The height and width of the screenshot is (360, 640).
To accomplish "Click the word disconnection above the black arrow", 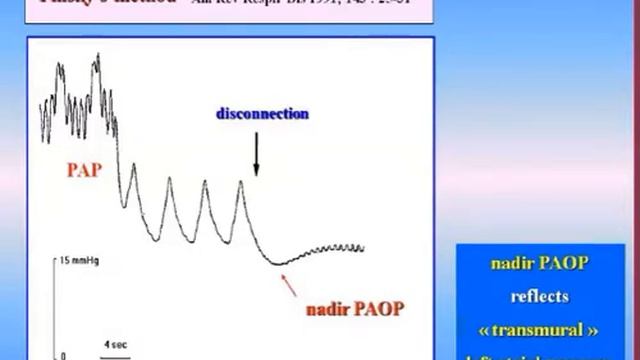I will (x=262, y=114).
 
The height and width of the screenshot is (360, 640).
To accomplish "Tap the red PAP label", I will (x=83, y=170).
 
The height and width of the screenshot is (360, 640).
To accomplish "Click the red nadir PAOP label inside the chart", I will (x=354, y=309).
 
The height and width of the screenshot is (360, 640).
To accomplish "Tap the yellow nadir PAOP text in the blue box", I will (x=539, y=264).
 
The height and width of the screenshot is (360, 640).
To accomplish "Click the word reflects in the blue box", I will (x=539, y=296).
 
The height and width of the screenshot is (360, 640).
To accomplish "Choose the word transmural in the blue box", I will (x=539, y=328).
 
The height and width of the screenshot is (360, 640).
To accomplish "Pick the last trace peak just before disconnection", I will (x=240, y=182).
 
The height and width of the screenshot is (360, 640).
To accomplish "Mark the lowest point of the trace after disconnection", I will (x=280, y=263).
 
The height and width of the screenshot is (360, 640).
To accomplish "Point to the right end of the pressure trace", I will (x=362, y=248).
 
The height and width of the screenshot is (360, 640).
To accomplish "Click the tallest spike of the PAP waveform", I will (x=97, y=56).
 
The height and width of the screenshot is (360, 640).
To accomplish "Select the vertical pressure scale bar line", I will (x=54, y=305).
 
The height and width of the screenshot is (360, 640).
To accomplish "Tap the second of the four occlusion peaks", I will (x=168, y=180).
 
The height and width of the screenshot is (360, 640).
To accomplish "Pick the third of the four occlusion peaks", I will (x=205, y=183).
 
